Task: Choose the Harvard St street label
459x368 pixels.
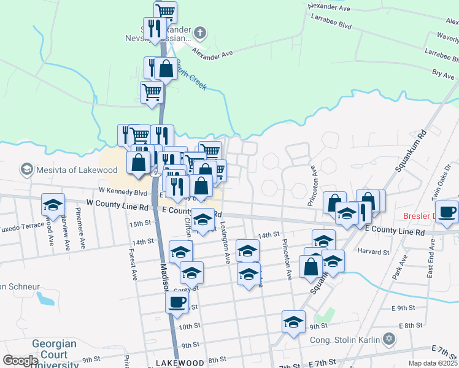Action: pos(374,251)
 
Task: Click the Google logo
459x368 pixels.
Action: pos(20,361)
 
